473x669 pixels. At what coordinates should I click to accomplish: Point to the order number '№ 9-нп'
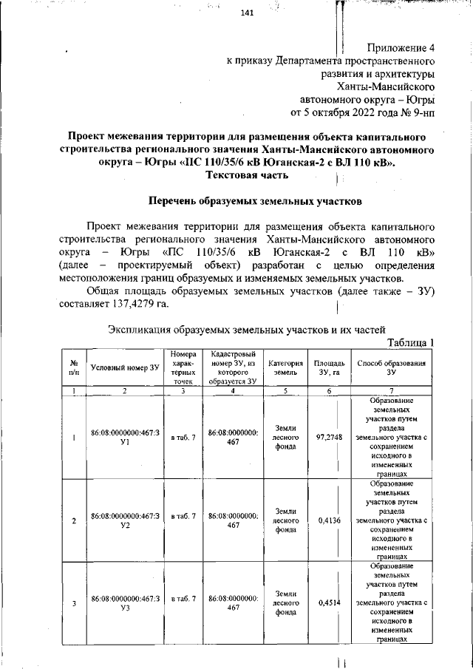pyautogui.click(x=418, y=113)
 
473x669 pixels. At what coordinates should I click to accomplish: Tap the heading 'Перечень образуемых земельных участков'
pyautogui.click(x=254, y=200)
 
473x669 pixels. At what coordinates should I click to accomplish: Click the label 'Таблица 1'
pyautogui.click(x=411, y=342)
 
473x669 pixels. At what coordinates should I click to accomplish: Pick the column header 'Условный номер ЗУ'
pyautogui.click(x=124, y=367)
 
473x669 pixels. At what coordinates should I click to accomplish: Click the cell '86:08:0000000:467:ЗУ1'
pyautogui.click(x=124, y=438)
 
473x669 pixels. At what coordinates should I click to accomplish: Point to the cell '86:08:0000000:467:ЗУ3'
pyautogui.click(x=124, y=602)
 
